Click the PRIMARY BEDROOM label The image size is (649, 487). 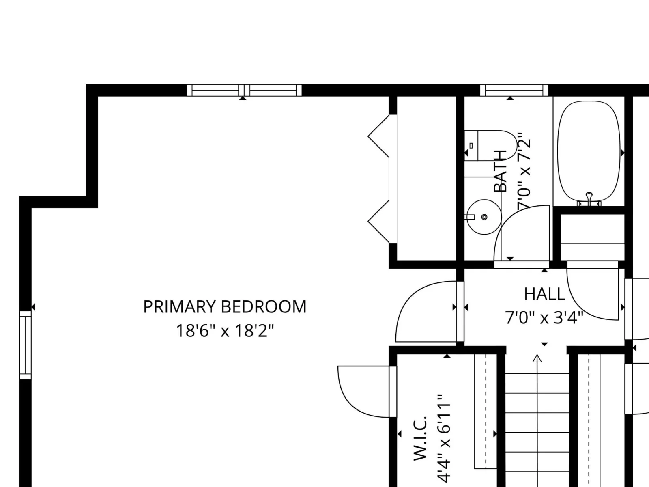pyautogui.click(x=225, y=307)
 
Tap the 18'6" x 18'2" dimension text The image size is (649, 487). pyautogui.click(x=225, y=331)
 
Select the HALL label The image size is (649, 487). pyautogui.click(x=544, y=294)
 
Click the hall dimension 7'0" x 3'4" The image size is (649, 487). pyautogui.click(x=544, y=318)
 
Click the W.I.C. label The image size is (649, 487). pyautogui.click(x=420, y=439)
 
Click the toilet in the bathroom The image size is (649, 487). pyautogui.click(x=490, y=145)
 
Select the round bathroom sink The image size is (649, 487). pyautogui.click(x=484, y=217)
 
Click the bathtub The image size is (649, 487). pyautogui.click(x=589, y=151)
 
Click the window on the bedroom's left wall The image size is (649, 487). pyautogui.click(x=26, y=345)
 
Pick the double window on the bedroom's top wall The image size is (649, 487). pyautogui.click(x=244, y=90)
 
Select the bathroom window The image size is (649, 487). pyautogui.click(x=514, y=90)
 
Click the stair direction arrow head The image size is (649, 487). pyautogui.click(x=537, y=359)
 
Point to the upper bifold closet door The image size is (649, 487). pyautogui.click(x=379, y=136)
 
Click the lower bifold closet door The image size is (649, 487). pyautogui.click(x=379, y=221)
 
